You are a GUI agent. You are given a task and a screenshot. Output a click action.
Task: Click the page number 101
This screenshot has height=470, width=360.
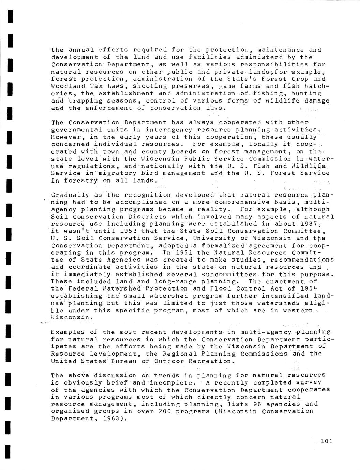coord(327,441)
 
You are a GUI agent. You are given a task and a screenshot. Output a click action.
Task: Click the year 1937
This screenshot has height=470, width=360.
coord(320,224)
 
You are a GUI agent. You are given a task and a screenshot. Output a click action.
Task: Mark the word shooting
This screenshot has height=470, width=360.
coord(150,86)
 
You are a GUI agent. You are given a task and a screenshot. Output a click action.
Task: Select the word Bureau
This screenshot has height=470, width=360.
coord(122,361)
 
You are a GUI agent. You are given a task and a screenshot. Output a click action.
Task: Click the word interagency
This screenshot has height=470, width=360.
coord(173,130)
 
